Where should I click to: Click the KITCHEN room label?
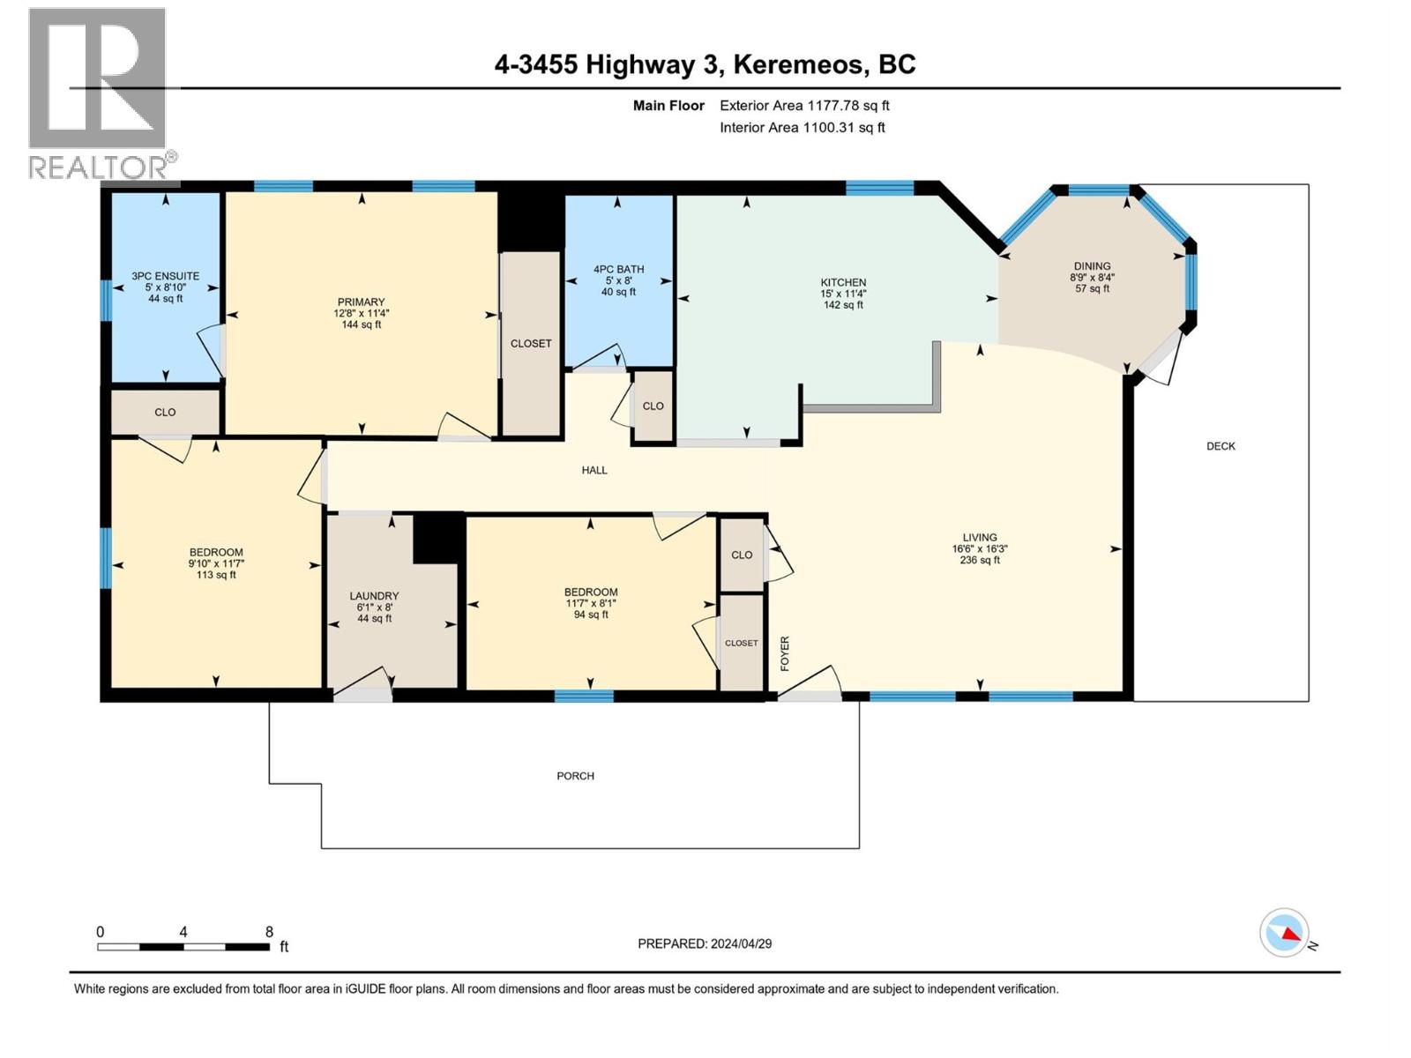coord(843,282)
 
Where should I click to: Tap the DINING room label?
coord(1092,265)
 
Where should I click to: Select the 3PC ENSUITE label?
coord(165,276)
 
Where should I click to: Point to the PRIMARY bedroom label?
coord(361,302)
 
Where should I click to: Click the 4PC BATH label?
coord(618,269)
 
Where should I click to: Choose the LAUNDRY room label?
coord(374,596)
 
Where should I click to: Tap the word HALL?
coord(594,470)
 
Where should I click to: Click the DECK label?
coord(1221,446)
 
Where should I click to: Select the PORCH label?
coord(575,776)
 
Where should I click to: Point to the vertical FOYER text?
coord(784,653)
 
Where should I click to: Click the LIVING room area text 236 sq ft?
coord(980,560)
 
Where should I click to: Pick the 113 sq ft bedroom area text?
coord(216,575)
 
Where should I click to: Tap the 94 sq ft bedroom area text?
coord(591,615)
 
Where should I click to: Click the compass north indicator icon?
coord(1284,933)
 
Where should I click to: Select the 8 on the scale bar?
coord(269,932)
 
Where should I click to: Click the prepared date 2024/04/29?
coord(741,943)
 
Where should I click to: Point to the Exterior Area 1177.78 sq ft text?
coord(804,105)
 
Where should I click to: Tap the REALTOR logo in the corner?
coord(99,93)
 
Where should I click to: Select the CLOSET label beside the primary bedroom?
coord(531,343)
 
